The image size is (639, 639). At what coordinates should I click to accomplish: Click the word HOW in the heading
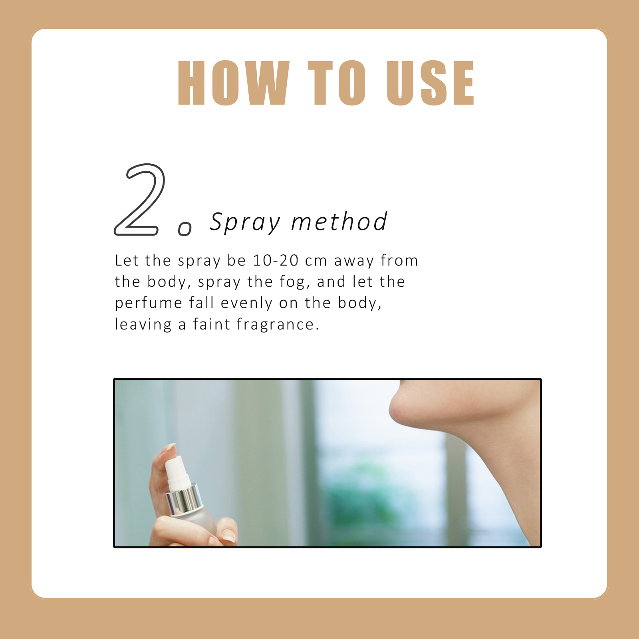tap(234, 83)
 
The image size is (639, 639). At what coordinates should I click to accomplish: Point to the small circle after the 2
tap(185, 229)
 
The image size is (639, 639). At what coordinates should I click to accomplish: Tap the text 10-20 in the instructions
tap(276, 260)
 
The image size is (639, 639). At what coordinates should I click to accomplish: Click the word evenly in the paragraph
tap(246, 304)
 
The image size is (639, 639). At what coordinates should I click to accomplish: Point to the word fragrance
tap(278, 325)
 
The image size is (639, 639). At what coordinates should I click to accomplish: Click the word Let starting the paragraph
tap(127, 260)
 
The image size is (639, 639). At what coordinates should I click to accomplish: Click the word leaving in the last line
tap(143, 325)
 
